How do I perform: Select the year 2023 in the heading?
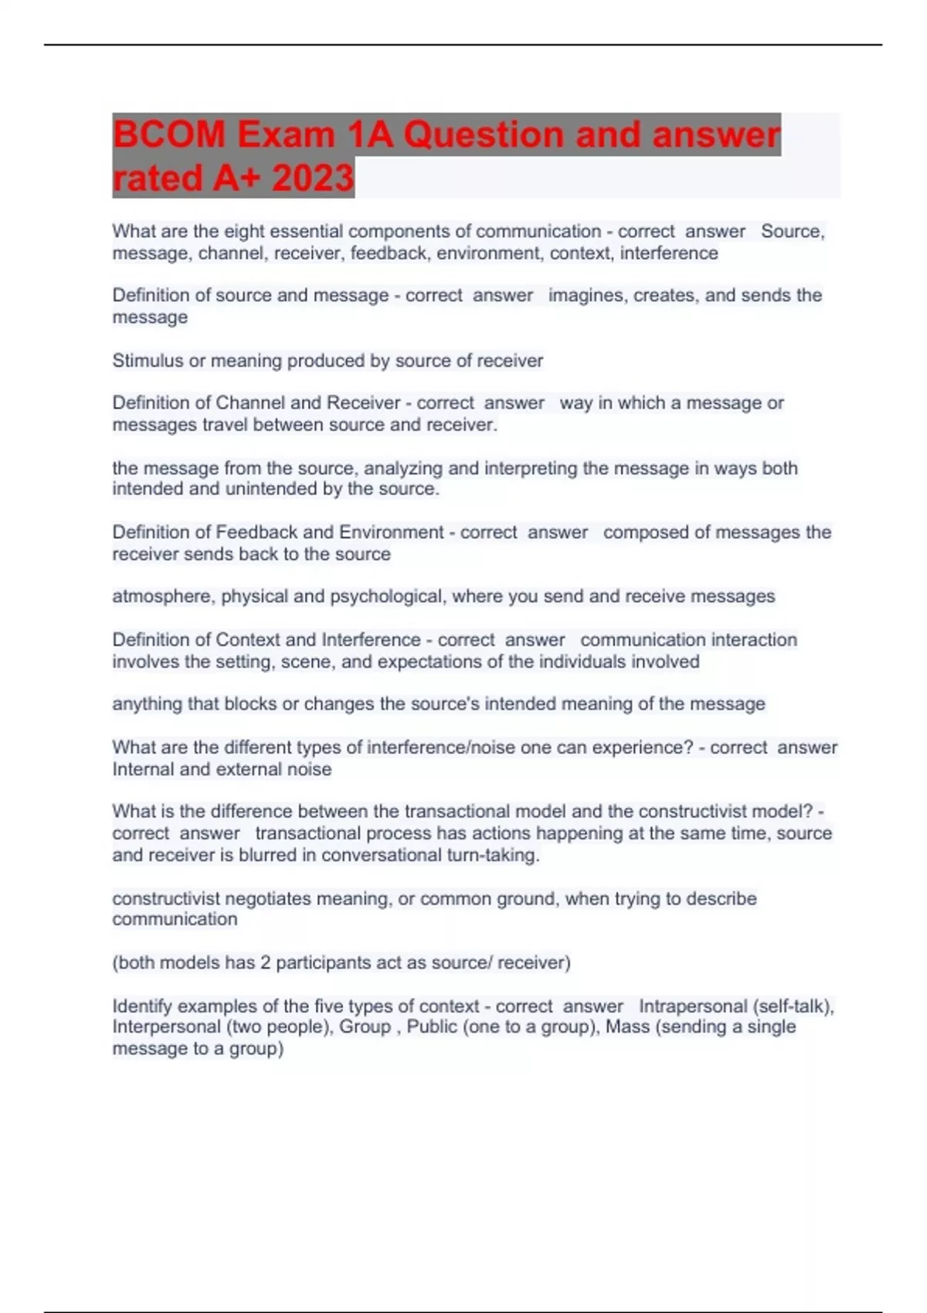(x=312, y=178)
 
